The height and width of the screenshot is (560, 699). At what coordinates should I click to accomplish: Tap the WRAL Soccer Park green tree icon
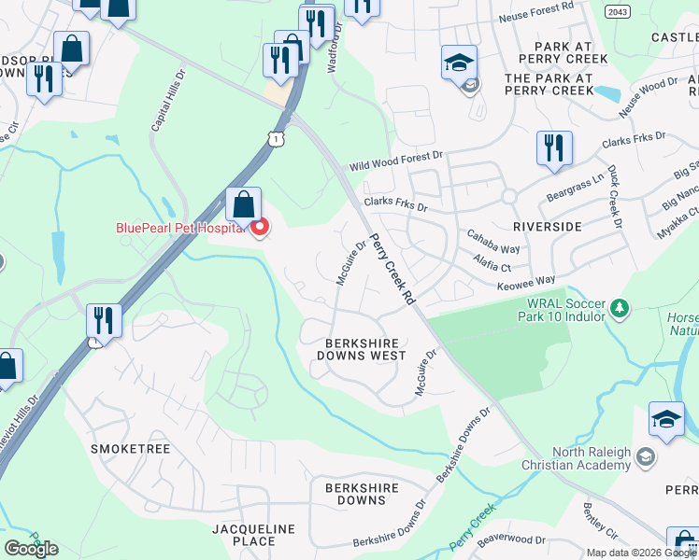(x=618, y=307)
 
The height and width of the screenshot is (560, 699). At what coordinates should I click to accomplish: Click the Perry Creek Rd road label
(x=391, y=270)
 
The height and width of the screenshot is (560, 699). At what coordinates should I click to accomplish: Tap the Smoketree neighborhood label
(x=130, y=449)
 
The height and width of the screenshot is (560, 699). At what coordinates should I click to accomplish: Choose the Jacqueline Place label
(x=254, y=535)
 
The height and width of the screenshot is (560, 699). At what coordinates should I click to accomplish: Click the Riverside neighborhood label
(x=547, y=227)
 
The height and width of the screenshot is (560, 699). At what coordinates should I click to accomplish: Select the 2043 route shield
(x=617, y=11)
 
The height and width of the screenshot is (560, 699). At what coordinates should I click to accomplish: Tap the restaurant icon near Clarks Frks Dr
(x=554, y=147)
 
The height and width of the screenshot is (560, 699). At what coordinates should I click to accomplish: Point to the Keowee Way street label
(x=525, y=280)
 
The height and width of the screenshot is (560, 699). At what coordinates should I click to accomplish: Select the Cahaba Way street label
(x=495, y=249)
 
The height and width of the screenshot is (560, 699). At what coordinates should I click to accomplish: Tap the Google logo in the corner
(x=31, y=549)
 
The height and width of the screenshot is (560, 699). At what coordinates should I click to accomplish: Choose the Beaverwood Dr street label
(x=510, y=539)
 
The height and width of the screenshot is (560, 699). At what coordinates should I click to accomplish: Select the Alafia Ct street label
(x=492, y=265)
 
